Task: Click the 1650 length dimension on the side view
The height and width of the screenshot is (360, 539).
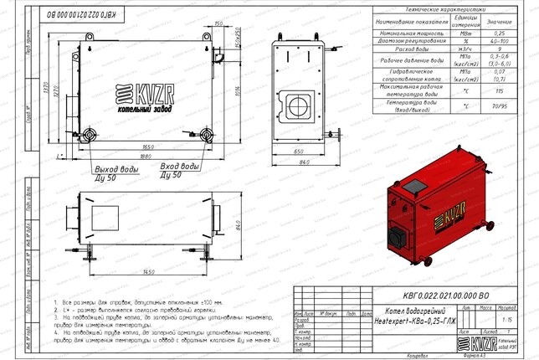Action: click(x=144, y=147)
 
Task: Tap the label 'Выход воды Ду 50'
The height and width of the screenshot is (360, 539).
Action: click(x=116, y=172)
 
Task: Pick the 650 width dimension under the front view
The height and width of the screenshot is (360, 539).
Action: click(x=298, y=152)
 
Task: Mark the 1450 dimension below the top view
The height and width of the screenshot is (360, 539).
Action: click(x=151, y=273)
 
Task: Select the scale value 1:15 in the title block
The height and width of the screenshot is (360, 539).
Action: click(x=506, y=319)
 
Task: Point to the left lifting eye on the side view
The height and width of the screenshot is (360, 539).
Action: click(x=85, y=34)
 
